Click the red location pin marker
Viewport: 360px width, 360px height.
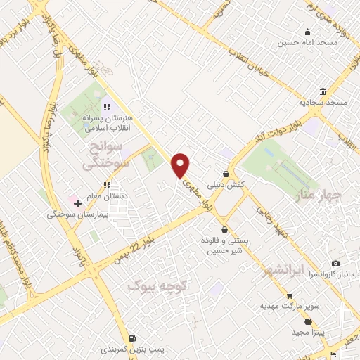tap(181, 165)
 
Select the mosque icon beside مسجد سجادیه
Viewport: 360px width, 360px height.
tap(323, 91)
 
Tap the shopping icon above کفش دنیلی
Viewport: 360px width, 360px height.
tap(226, 174)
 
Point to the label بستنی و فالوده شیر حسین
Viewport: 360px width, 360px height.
tap(224, 245)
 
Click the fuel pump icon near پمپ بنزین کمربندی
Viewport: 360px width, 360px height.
tap(134, 337)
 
